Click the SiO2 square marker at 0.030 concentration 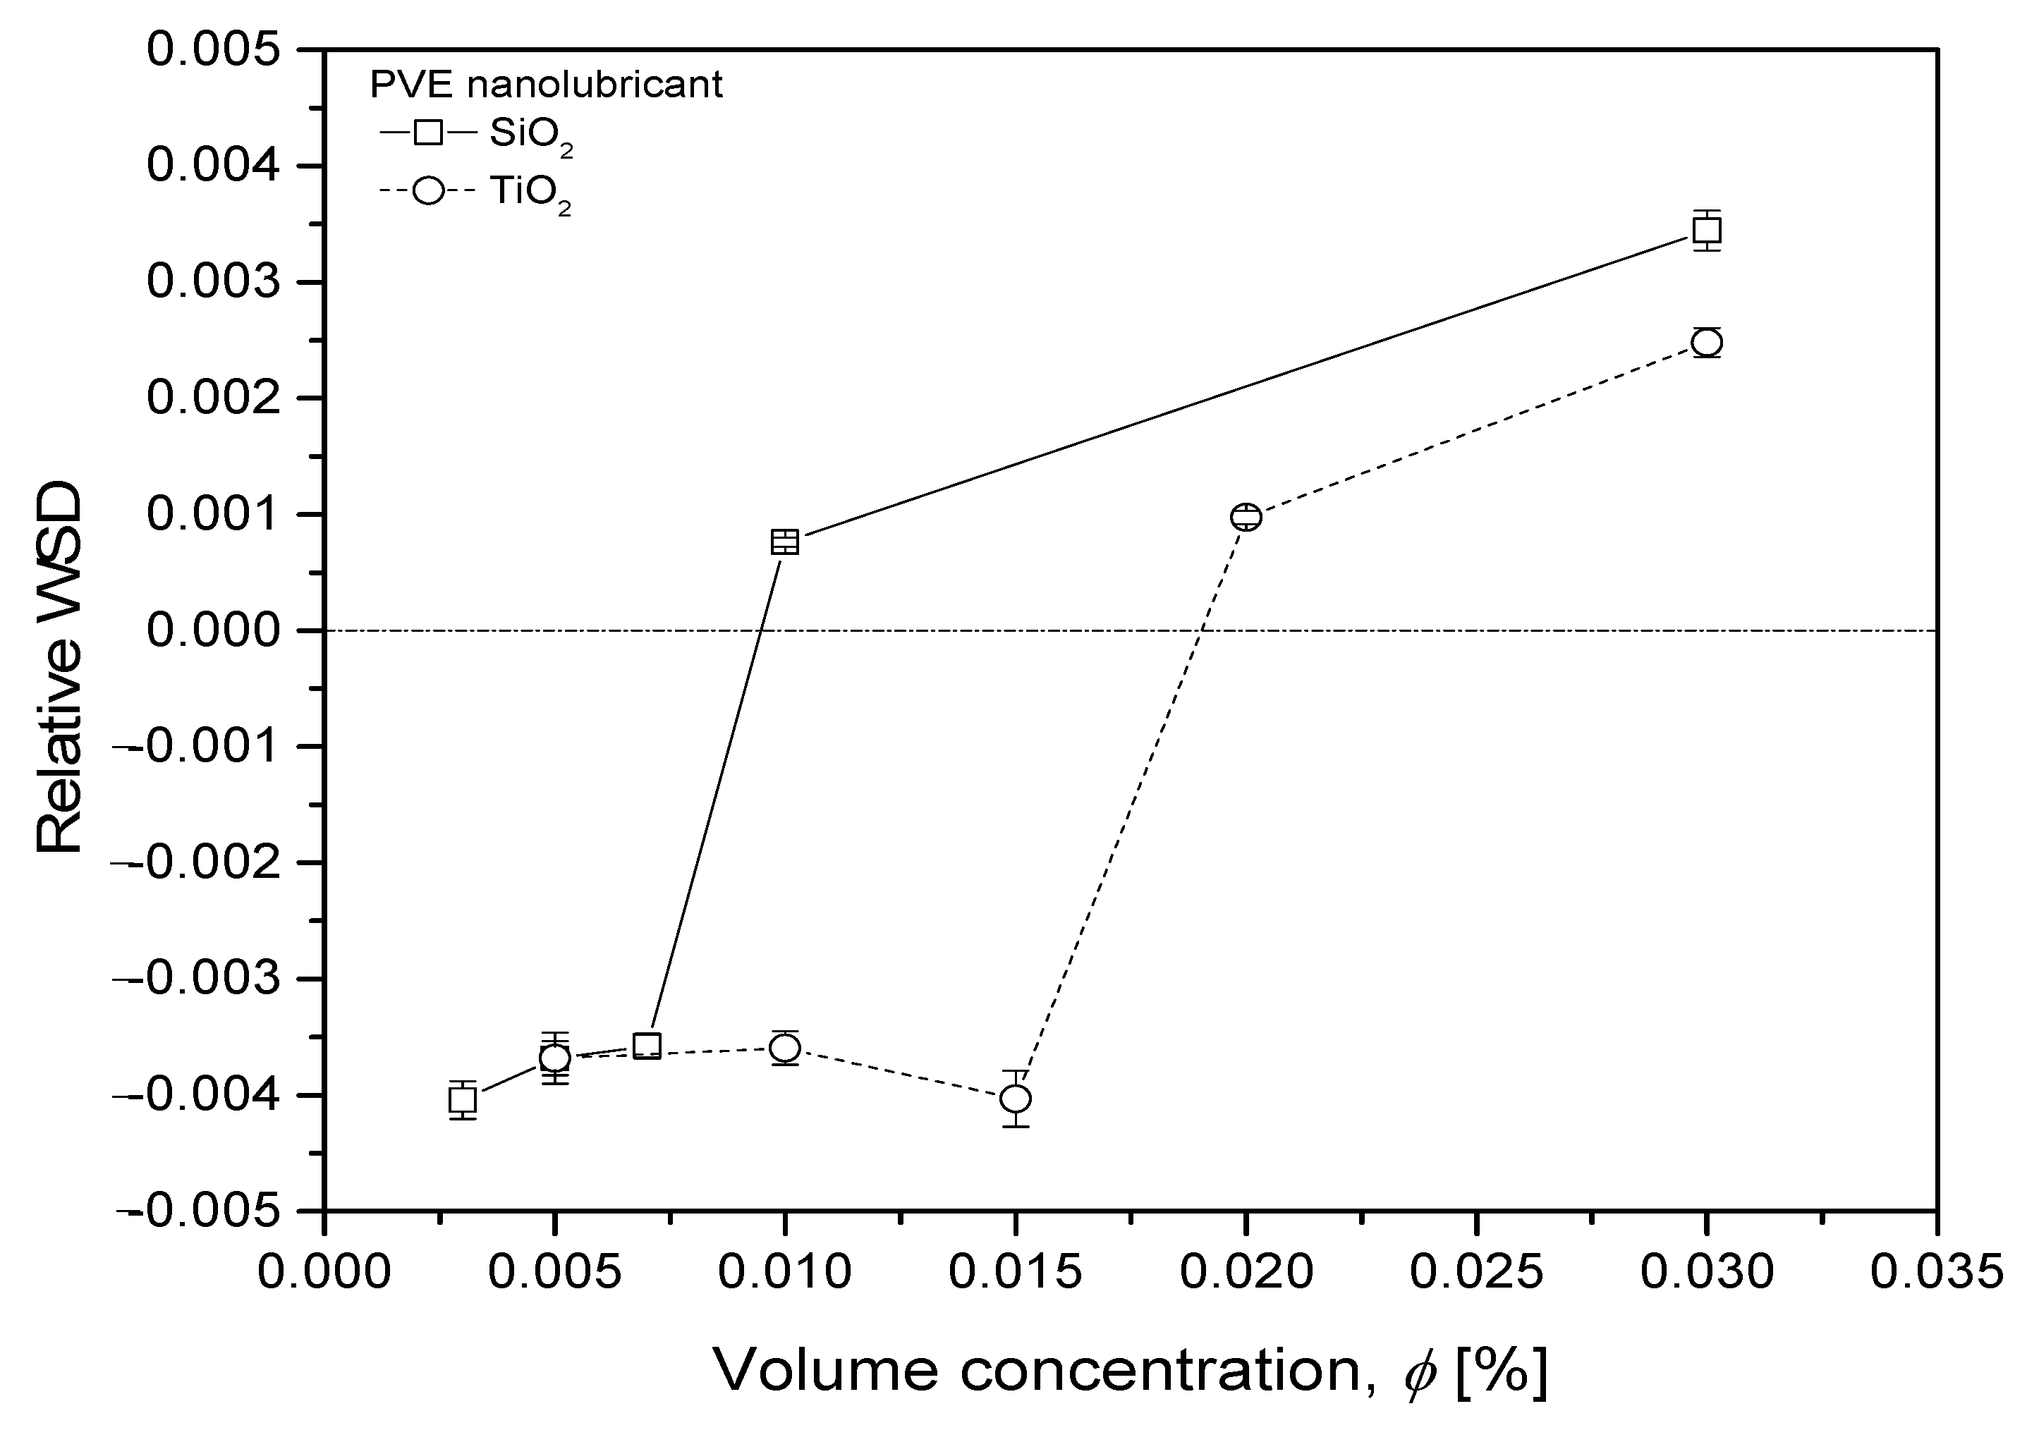tap(1707, 231)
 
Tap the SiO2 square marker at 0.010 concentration tap(785, 542)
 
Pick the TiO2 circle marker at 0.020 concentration tap(1246, 516)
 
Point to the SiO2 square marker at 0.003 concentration tap(463, 1100)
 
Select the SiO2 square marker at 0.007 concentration tap(647, 1046)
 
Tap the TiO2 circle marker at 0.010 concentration tap(785, 1048)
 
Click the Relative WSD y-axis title tap(60, 668)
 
